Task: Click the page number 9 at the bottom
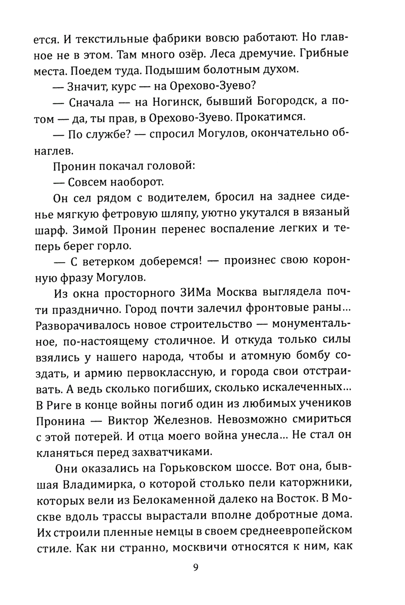[x=196, y=567]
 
